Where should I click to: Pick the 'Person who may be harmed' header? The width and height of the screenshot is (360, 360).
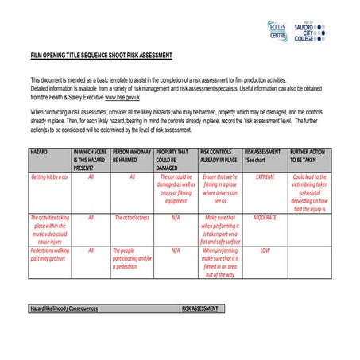coord(132,155)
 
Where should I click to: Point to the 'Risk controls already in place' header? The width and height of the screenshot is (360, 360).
coord(219,155)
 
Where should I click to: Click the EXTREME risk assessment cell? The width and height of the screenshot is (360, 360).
coord(265,177)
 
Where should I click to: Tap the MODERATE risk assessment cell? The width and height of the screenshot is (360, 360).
coord(265,217)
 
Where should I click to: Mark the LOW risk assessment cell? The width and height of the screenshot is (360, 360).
coord(265,250)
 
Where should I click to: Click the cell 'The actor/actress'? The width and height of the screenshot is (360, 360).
coord(133,217)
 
